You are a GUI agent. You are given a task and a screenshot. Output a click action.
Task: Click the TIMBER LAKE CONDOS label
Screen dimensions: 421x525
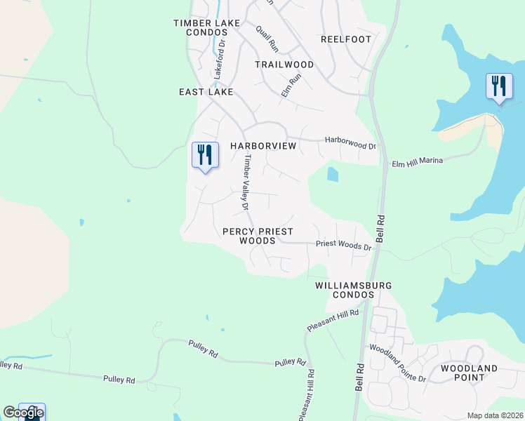(206, 28)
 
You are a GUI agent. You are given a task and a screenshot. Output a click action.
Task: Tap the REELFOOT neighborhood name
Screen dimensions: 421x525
(345, 39)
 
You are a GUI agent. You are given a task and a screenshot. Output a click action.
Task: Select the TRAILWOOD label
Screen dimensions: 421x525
(284, 65)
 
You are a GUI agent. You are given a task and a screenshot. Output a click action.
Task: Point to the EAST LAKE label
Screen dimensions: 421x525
(201, 92)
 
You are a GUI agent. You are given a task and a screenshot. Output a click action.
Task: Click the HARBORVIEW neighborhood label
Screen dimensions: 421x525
(263, 146)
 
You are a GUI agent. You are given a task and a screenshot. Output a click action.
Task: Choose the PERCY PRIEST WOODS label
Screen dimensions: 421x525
(257, 236)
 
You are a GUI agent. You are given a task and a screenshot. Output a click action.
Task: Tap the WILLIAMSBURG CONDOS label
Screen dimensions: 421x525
(353, 290)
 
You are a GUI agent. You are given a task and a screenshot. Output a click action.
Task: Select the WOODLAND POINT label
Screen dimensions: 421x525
(469, 373)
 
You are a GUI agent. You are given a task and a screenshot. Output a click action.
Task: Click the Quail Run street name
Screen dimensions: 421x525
(267, 37)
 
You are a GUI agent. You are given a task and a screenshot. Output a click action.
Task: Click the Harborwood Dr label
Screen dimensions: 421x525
(350, 142)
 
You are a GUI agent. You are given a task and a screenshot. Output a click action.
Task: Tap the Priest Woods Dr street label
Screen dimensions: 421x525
(343, 246)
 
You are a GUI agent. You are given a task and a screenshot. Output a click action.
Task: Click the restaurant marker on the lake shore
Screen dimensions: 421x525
(499, 87)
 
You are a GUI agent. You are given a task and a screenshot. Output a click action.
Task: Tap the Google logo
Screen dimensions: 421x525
(23, 413)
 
